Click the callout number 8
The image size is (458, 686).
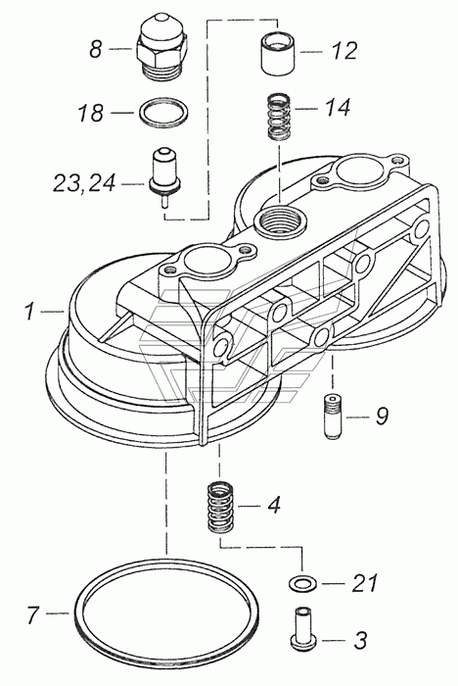click(95, 48)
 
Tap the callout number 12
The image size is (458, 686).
click(343, 51)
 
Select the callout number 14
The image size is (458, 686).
click(337, 107)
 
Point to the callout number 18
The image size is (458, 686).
click(91, 113)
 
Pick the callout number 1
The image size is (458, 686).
click(29, 311)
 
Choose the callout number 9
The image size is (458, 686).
click(381, 416)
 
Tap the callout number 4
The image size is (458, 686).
click(273, 506)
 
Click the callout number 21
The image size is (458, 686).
click(364, 583)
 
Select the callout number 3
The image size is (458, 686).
click(360, 641)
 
